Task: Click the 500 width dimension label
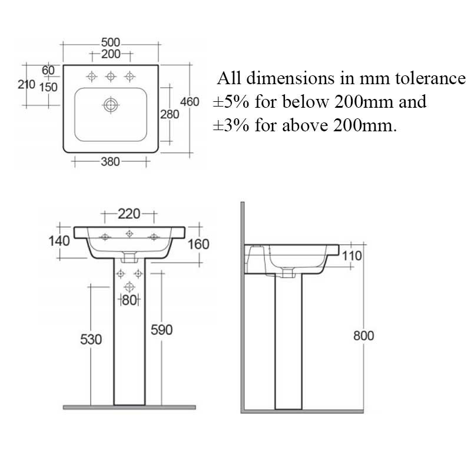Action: (x=111, y=42)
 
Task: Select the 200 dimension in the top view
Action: (x=111, y=54)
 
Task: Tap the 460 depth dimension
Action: (x=190, y=102)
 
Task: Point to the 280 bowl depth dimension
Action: (x=170, y=114)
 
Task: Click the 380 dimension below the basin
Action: (x=110, y=162)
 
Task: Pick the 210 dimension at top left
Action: (x=26, y=84)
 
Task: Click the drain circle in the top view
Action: (x=111, y=105)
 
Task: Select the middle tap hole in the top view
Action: (x=111, y=77)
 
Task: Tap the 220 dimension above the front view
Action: (x=129, y=214)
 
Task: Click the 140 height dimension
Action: (x=59, y=241)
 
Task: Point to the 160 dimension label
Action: (x=198, y=244)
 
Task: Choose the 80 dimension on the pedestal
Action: (x=129, y=300)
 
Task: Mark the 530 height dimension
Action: (x=91, y=340)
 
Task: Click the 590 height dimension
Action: (x=161, y=330)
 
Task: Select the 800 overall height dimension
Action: (x=363, y=336)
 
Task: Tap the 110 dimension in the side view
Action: (x=351, y=256)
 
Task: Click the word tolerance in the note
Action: (x=430, y=78)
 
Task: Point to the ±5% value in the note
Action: (x=231, y=101)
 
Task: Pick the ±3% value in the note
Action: (x=231, y=125)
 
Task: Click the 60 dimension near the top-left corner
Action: (x=48, y=70)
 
